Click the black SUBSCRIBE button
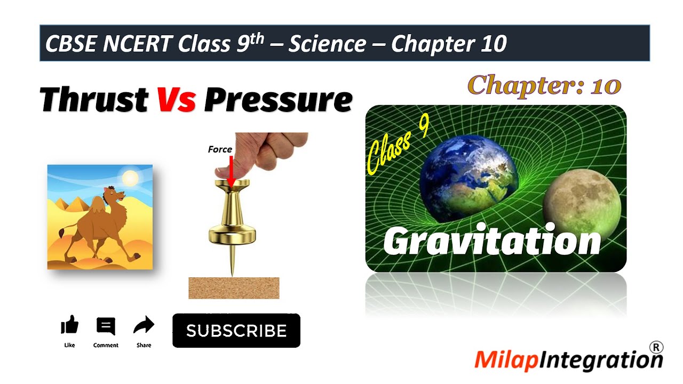click(x=236, y=331)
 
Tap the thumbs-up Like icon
click(x=69, y=325)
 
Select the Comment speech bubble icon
click(x=106, y=325)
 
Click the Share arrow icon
click(x=144, y=325)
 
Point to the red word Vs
click(x=176, y=100)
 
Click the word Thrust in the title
click(x=94, y=100)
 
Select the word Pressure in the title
click(x=278, y=100)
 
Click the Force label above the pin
click(x=220, y=149)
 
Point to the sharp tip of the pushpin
click(x=232, y=273)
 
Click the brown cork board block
click(x=234, y=288)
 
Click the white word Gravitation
click(x=491, y=241)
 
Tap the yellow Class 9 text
click(x=398, y=146)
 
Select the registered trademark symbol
click(x=656, y=347)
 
